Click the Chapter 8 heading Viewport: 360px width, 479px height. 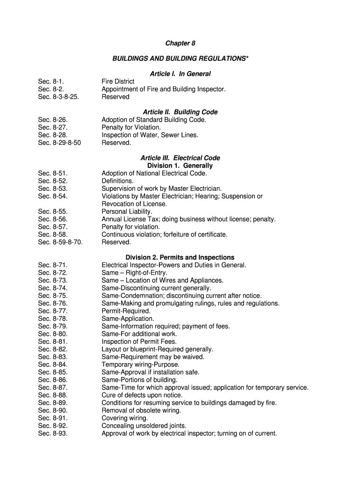[x=180, y=44]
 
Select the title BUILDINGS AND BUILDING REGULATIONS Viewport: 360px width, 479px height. [x=180, y=58]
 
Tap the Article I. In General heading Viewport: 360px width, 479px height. [x=180, y=74]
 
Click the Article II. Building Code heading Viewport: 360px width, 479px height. [x=180, y=112]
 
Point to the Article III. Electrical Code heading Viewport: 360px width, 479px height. [x=180, y=158]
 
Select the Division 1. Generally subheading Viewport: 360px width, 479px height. [x=180, y=166]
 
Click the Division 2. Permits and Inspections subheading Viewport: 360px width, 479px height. [x=180, y=257]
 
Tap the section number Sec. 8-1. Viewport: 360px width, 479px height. [x=51, y=82]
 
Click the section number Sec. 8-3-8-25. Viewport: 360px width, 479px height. [x=58, y=97]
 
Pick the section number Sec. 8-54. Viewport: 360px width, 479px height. [x=53, y=196]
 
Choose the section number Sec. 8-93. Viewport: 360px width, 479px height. [x=53, y=433]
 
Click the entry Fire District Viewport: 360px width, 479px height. [x=118, y=82]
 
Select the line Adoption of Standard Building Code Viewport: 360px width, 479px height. [x=154, y=120]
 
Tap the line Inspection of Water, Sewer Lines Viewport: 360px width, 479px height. [x=150, y=135]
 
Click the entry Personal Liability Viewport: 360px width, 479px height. [x=127, y=211]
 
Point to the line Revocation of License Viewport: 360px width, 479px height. [x=134, y=204]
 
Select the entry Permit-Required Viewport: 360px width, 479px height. [x=126, y=311]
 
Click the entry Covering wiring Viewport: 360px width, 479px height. [x=124, y=418]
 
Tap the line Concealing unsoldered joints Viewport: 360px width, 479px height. [x=144, y=426]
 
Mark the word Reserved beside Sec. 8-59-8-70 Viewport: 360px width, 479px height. [x=116, y=242]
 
